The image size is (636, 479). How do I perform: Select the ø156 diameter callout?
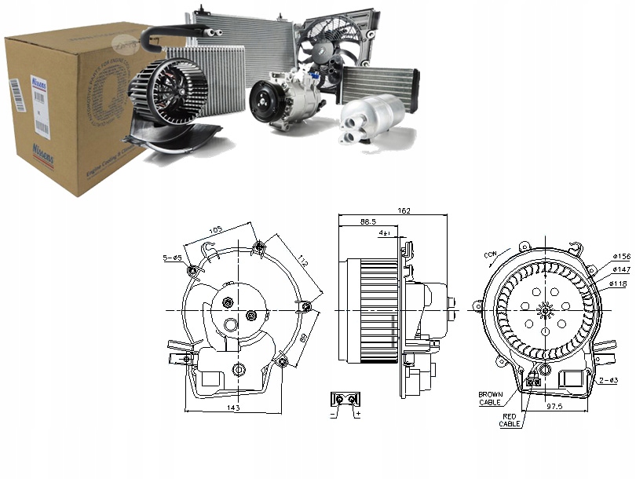621,256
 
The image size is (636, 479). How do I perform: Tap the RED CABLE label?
510,420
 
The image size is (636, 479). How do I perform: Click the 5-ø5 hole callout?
172,257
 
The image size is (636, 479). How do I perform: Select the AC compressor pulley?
264,103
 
